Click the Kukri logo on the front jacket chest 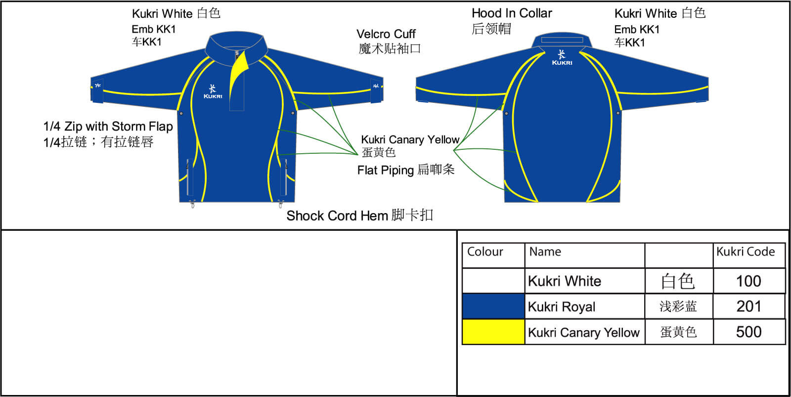tap(213, 92)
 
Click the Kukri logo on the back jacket tap(562, 58)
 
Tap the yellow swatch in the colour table tap(493, 332)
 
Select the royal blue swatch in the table tap(493, 306)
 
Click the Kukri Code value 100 tap(748, 281)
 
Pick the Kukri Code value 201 tap(748, 307)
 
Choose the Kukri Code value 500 tap(748, 332)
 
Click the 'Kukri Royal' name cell tap(562, 307)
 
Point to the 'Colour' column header tap(485, 252)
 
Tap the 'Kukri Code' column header tap(746, 252)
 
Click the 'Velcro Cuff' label tap(386, 34)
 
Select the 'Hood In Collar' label tap(512, 13)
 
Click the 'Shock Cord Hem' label tap(337, 216)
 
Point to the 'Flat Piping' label tap(386, 171)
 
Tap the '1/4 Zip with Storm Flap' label tap(108, 127)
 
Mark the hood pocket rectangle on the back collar tap(562, 40)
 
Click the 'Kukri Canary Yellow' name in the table tap(583, 333)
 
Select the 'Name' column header tap(545, 252)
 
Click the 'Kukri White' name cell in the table tap(565, 281)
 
